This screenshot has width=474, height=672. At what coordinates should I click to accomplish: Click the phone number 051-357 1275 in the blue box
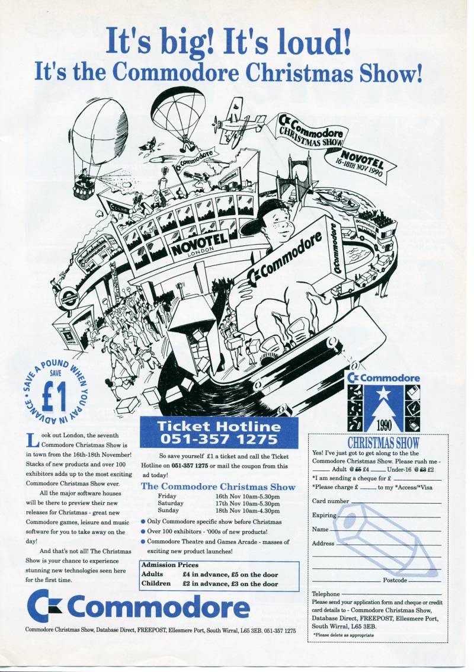(x=219, y=440)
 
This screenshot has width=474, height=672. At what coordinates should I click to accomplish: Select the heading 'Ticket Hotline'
(x=219, y=426)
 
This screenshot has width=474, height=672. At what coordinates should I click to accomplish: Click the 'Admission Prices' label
(x=170, y=565)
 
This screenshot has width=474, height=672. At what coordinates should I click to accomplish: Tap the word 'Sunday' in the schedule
(x=169, y=510)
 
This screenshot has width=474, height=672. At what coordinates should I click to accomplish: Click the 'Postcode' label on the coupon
(x=395, y=580)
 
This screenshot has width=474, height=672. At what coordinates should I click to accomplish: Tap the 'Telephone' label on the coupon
(x=326, y=594)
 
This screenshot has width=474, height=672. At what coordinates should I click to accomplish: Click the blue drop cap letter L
(x=33, y=439)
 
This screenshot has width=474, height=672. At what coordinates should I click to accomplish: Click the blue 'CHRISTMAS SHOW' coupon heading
(x=383, y=443)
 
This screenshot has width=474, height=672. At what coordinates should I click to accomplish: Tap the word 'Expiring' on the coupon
(x=324, y=515)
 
